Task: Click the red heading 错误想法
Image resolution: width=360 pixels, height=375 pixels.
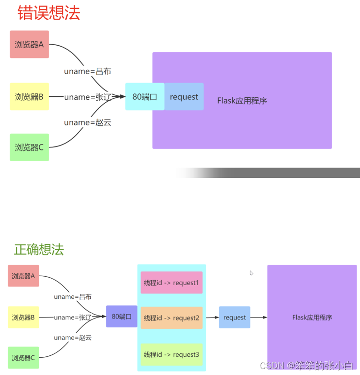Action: pos(49,13)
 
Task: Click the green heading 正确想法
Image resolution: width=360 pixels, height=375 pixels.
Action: pos(39,249)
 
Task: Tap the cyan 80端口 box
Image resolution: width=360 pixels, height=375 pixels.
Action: pos(144,97)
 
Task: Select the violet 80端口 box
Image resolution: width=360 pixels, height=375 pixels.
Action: pos(122,317)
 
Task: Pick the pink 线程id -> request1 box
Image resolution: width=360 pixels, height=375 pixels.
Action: pos(171,283)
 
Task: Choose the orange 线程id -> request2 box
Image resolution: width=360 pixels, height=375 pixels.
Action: pos(171,318)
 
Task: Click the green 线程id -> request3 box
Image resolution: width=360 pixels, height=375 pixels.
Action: pos(171,354)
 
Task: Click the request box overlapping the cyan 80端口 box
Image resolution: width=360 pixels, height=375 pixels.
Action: pos(184,97)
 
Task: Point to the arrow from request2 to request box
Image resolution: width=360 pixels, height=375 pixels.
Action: pos(212,317)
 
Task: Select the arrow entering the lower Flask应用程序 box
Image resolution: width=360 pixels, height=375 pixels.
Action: pos(259,317)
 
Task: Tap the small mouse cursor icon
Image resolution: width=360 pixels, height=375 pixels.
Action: pos(251,273)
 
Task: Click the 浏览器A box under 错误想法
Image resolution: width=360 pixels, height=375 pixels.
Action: pos(29,44)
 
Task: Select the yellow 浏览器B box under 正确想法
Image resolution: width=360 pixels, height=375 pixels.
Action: pos(24,317)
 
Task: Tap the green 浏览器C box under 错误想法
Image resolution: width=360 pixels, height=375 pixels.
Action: pos(29,147)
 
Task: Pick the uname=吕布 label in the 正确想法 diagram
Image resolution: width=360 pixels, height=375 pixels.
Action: pos(73,297)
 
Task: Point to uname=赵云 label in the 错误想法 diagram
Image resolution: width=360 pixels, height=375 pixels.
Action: pos(87,122)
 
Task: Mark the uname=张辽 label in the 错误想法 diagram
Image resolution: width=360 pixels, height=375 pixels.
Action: pos(87,97)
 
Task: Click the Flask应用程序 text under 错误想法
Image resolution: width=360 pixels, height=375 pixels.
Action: pos(242,100)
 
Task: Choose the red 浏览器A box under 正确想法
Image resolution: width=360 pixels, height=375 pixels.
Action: pos(24,276)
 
